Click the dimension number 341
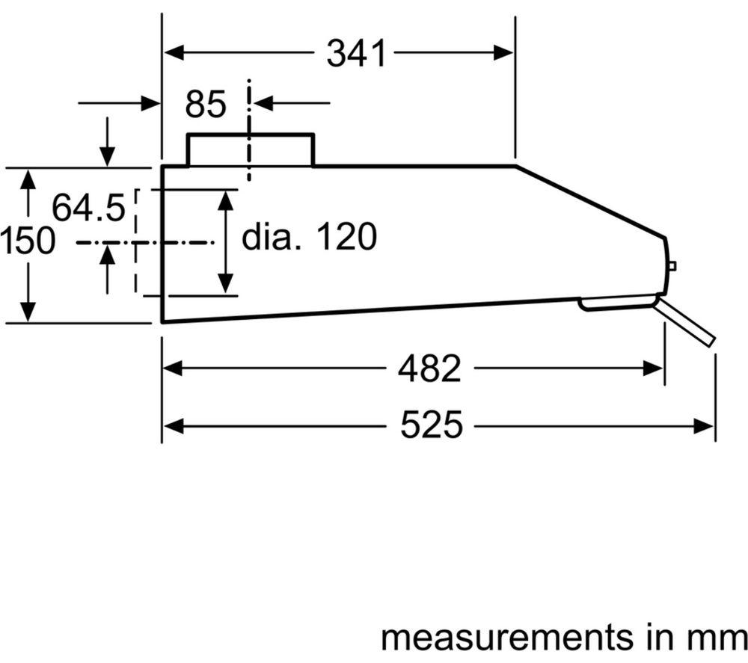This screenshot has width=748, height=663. (356, 53)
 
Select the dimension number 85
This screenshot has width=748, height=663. (206, 104)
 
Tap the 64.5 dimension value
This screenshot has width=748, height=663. (88, 207)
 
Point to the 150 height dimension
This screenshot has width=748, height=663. (27, 240)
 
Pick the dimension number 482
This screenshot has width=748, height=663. (430, 368)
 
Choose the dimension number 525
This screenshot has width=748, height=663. (432, 425)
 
